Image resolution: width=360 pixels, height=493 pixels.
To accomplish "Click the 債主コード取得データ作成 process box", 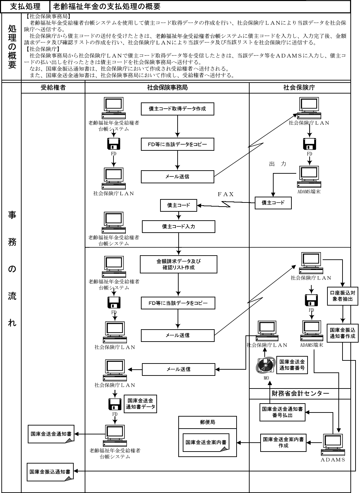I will pyautogui.click(x=178, y=109).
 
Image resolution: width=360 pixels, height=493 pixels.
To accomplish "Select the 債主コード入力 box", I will pyautogui.click(x=179, y=226).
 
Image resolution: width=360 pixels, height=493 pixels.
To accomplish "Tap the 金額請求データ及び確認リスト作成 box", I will pyautogui.click(x=178, y=264).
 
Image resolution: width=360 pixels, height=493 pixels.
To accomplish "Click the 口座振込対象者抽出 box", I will pyautogui.click(x=343, y=296).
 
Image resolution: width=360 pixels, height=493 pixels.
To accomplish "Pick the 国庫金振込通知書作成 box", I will pyautogui.click(x=343, y=333).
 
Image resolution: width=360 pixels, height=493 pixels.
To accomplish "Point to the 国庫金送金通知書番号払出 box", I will pyautogui.click(x=283, y=412).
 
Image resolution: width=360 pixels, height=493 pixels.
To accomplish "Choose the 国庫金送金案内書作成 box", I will pyautogui.click(x=283, y=443).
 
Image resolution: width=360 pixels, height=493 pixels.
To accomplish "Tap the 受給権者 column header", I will pyautogui.click(x=53, y=88).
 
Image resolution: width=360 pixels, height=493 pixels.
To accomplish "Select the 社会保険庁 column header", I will pyautogui.click(x=299, y=88).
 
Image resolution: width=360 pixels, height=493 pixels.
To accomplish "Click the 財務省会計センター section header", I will pyautogui.click(x=300, y=394).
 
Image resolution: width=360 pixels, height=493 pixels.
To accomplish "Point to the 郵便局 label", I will pyautogui.click(x=207, y=422).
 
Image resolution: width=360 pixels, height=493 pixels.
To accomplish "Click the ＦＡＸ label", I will pyautogui.click(x=226, y=194).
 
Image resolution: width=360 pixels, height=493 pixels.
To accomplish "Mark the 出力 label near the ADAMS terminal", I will pyautogui.click(x=278, y=164).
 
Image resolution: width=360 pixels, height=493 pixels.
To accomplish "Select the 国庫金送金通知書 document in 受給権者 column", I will pyautogui.click(x=51, y=434).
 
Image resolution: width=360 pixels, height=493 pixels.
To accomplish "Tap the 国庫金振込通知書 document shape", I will pyautogui.click(x=50, y=472).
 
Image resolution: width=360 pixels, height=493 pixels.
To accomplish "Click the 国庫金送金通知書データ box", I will pyautogui.click(x=140, y=404).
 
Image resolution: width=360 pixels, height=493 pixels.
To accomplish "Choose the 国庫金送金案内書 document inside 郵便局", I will pyautogui.click(x=206, y=443).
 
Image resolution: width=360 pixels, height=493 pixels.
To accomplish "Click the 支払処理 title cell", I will pyautogui.click(x=26, y=7).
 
